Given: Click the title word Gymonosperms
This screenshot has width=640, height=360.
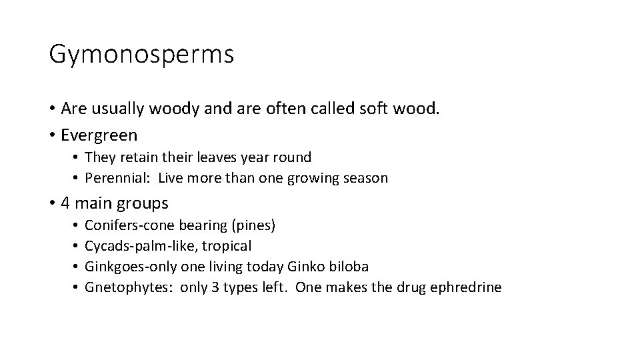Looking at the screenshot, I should point(141,55).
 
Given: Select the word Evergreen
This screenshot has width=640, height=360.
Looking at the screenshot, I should point(99,135).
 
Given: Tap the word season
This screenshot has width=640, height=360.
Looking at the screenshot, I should point(364,178).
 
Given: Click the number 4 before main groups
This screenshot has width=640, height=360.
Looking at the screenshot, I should point(65,203).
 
